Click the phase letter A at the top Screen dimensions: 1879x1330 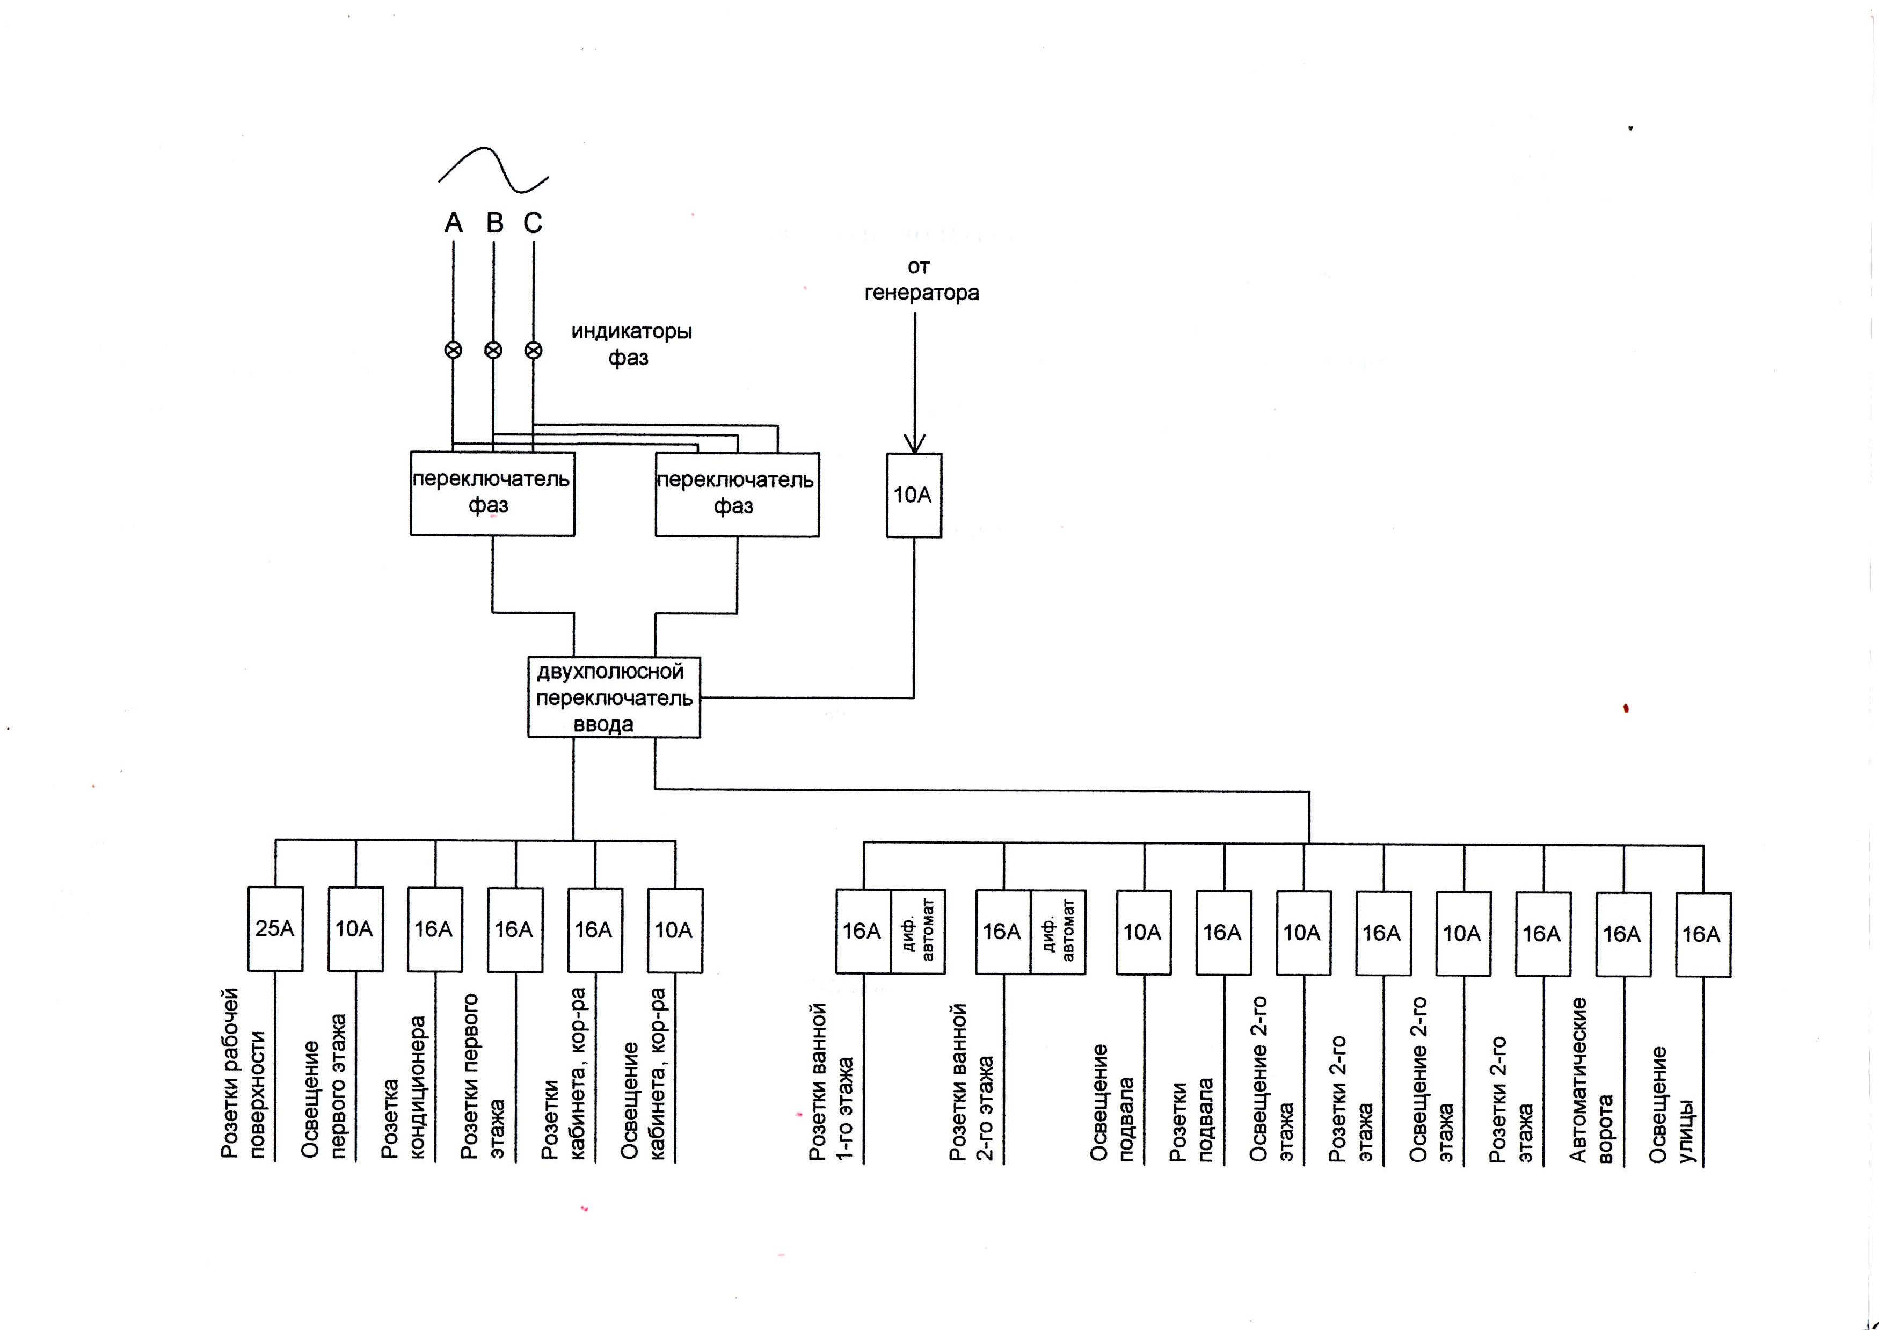point(454,222)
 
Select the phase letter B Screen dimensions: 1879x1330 point(494,222)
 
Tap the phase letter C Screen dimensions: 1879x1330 point(533,222)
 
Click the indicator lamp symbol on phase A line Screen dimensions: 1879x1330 point(453,351)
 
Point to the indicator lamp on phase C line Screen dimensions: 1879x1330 point(533,351)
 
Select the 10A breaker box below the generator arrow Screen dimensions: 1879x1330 point(914,496)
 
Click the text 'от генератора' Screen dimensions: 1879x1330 point(921,280)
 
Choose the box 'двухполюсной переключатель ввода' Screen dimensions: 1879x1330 point(614,697)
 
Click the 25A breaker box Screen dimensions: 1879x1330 point(275,929)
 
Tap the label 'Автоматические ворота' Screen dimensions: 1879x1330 point(1591,1079)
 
